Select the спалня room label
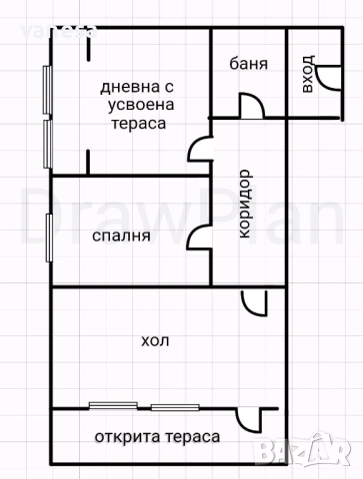121,237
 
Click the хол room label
155,340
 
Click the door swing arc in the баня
249,105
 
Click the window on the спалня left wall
48,237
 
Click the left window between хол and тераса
118,405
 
